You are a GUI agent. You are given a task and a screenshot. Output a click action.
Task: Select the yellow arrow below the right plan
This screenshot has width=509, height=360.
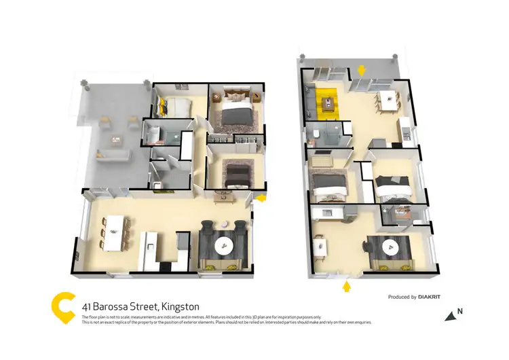click(x=347, y=287)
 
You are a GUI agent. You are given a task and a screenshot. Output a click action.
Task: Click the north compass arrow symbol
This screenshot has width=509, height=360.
click(x=451, y=314)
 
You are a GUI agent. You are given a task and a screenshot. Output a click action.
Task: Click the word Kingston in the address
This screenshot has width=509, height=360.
click(x=180, y=307)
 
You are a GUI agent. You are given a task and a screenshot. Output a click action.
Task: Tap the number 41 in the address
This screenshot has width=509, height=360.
click(x=87, y=307)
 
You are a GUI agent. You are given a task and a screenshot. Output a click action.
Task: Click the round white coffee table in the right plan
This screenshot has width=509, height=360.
click(x=392, y=249)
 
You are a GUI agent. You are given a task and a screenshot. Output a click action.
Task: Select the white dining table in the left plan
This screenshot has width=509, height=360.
click(x=115, y=230)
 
